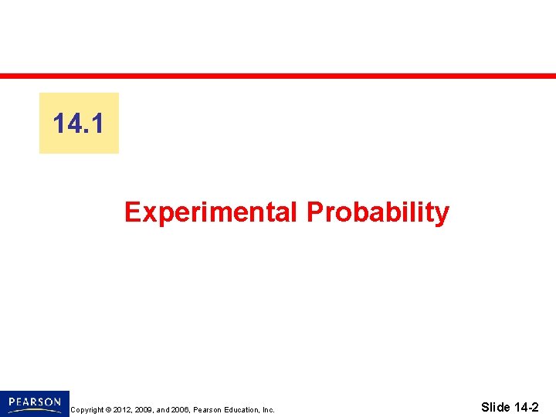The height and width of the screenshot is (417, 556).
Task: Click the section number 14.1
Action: click(79, 124)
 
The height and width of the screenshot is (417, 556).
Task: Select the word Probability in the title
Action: click(378, 212)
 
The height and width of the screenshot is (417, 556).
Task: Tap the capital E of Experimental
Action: click(132, 212)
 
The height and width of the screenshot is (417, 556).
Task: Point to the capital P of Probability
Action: click(314, 212)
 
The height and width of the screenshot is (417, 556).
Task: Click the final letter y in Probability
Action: click(442, 214)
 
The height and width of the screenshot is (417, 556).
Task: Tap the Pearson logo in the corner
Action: click(35, 403)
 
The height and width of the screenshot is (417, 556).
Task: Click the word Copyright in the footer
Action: click(86, 410)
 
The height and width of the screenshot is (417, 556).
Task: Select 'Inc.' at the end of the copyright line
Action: click(269, 410)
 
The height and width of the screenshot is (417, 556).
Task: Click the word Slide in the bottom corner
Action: click(495, 407)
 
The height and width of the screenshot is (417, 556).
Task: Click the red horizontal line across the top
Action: click(278, 76)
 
